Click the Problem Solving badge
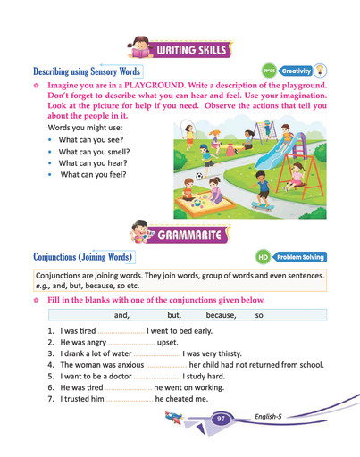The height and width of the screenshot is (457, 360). pos(299,257)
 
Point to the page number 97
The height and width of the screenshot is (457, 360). pos(221,419)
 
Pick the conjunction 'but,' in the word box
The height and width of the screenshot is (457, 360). pos(174,316)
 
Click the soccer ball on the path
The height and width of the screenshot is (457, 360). pos(200,176)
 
